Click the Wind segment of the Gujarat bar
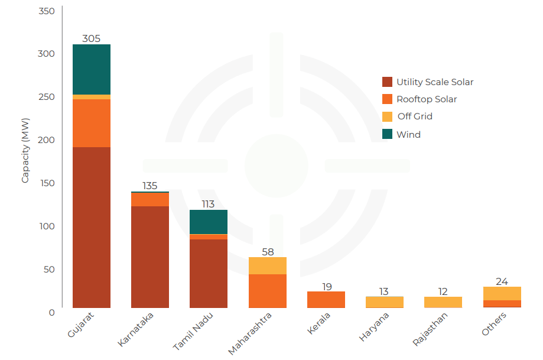(92, 69)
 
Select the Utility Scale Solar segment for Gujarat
(92, 227)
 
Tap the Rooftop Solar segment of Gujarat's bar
(92, 123)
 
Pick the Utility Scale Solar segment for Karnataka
(150, 257)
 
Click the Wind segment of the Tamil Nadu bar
(209, 222)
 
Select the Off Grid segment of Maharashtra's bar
(268, 265)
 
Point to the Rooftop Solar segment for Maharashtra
(268, 291)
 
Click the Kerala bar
(326, 300)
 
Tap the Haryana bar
(385, 301)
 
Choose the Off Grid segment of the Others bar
(502, 293)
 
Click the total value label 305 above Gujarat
(92, 39)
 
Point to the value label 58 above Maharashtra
(268, 252)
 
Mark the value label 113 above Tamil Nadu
(208, 205)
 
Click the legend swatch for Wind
(388, 134)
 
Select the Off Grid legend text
(415, 116)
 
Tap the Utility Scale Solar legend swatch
(388, 82)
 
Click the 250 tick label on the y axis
(47, 97)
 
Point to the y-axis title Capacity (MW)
(25, 156)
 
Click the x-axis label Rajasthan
(431, 329)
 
